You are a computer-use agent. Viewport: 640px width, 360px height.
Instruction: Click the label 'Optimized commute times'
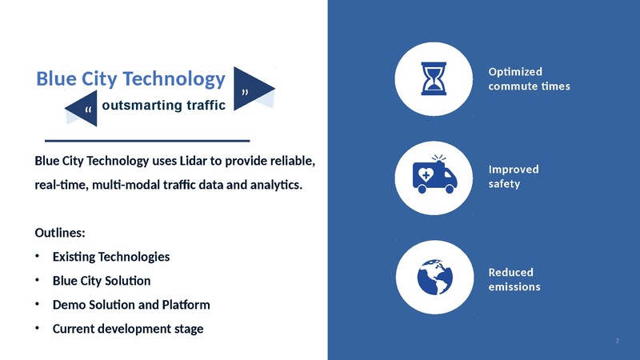pyautogui.click(x=529, y=78)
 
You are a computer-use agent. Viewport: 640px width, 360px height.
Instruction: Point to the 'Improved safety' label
pyautogui.click(x=514, y=176)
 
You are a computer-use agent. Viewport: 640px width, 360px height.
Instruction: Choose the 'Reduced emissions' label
pyautogui.click(x=514, y=278)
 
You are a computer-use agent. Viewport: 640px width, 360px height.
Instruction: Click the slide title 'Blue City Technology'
pyautogui.click(x=130, y=78)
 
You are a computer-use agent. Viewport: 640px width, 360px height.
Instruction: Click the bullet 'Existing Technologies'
pyautogui.click(x=110, y=257)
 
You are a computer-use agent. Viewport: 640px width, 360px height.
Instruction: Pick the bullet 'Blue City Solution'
pyautogui.click(x=101, y=281)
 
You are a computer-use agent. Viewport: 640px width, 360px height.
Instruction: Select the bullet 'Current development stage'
pyautogui.click(x=127, y=328)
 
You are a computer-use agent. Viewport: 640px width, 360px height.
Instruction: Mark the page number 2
pyautogui.click(x=618, y=342)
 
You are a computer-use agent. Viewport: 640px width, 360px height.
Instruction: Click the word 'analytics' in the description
pyautogui.click(x=278, y=185)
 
